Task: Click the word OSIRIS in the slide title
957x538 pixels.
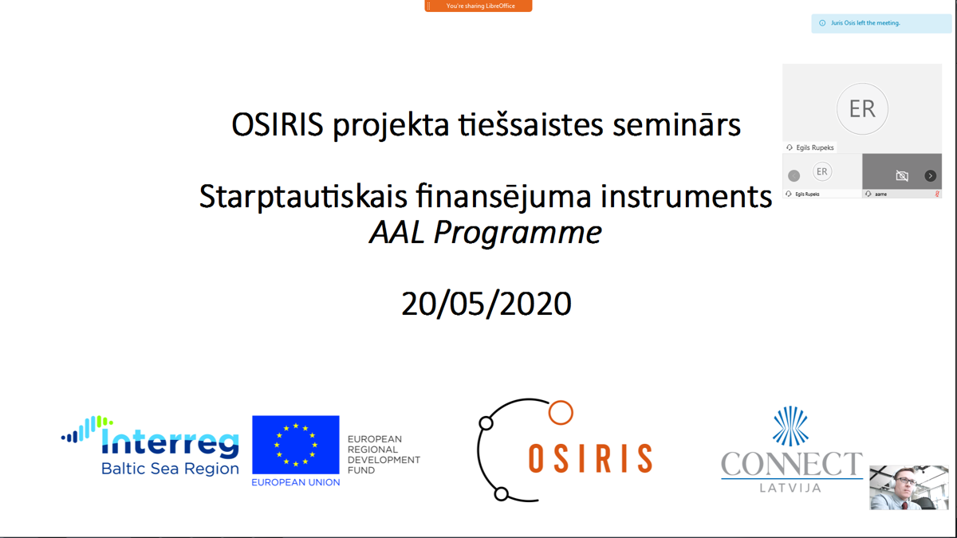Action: tap(278, 124)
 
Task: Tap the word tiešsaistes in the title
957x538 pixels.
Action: tap(531, 124)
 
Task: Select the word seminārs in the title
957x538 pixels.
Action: tap(677, 124)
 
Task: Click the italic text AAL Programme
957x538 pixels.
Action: tap(486, 233)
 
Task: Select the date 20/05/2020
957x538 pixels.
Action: tap(486, 304)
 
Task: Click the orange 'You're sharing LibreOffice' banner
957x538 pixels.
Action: tap(478, 6)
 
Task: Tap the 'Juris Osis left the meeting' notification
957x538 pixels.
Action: tap(881, 23)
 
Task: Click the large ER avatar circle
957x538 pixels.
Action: tap(862, 109)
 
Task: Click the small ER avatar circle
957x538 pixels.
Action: tap(821, 172)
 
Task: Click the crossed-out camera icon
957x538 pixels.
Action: tap(902, 175)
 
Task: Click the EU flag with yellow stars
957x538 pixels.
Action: tap(296, 445)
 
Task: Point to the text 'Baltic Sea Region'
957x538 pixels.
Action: tap(170, 469)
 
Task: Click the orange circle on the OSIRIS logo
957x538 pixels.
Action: tap(561, 413)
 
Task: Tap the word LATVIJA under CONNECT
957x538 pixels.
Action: tap(790, 488)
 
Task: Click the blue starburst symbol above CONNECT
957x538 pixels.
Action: tap(790, 426)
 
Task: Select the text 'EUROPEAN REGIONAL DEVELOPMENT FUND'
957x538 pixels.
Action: tap(384, 455)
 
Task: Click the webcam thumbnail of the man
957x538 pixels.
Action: tap(908, 488)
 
